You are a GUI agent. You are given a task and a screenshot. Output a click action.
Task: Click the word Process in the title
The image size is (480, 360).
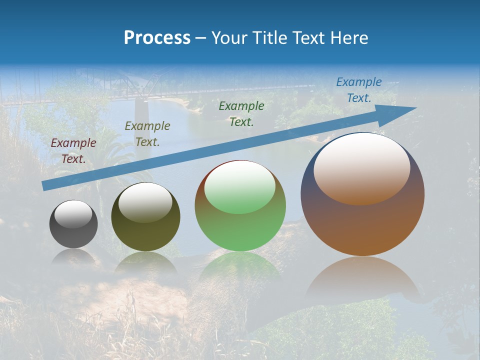click(157, 38)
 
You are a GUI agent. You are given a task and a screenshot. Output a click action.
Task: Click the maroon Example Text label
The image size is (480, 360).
click(73, 151)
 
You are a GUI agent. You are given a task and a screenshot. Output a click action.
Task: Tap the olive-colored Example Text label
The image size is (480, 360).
click(147, 133)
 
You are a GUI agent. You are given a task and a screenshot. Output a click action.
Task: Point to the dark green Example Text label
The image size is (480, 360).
click(241, 113)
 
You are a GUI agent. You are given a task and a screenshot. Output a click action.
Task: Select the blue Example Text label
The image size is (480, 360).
click(359, 90)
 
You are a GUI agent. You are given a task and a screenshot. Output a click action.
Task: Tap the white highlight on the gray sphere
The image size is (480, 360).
click(73, 214)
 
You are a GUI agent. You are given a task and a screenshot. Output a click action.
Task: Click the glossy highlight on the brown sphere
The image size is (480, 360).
click(361, 168)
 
